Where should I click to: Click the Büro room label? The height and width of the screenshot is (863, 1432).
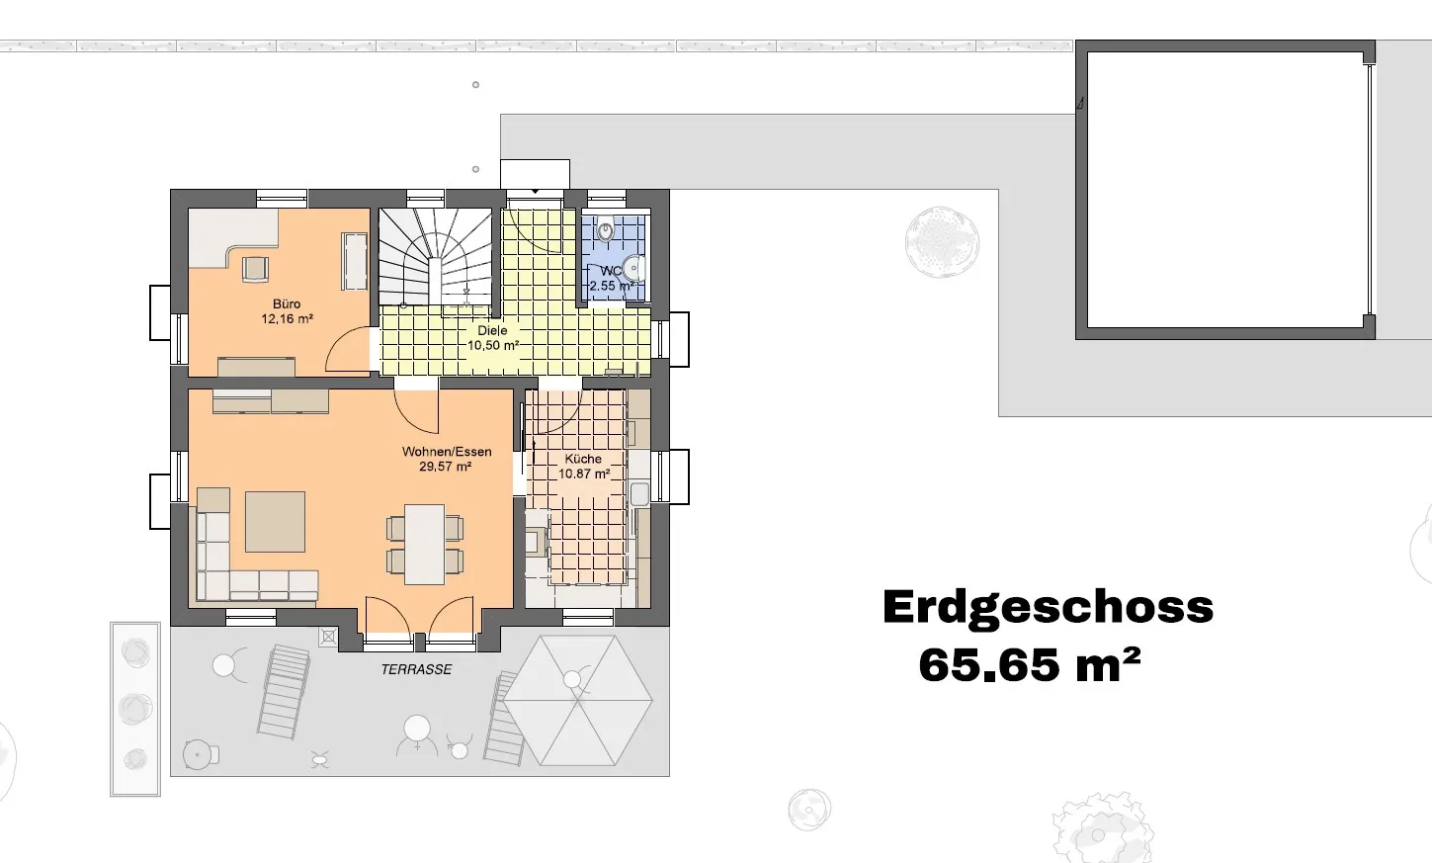[287, 303]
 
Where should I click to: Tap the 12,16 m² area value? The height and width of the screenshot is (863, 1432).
[287, 318]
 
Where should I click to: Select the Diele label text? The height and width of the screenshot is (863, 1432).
[492, 330]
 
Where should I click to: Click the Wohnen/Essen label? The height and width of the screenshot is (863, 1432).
[447, 452]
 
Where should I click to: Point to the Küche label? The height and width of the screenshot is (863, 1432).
[583, 459]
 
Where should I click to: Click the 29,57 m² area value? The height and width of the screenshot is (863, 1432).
[446, 467]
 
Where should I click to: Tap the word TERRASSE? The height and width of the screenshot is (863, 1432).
[416, 669]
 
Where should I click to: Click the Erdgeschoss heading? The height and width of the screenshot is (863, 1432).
[1048, 607]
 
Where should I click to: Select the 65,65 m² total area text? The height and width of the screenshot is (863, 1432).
[1029, 665]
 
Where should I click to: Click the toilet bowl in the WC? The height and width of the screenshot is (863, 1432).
[605, 228]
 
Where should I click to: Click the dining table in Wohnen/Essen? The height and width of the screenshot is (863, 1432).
[425, 545]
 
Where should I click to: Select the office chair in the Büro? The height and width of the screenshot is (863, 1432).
[255, 269]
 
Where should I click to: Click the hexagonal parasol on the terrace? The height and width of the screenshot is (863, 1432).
[578, 700]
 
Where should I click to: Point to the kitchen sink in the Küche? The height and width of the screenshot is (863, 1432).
[639, 494]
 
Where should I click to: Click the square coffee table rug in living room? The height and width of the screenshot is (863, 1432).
[275, 522]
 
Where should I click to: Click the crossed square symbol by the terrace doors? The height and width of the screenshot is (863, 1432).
[328, 636]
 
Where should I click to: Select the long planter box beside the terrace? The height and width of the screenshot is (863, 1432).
[134, 709]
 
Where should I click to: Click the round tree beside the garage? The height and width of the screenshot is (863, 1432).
[942, 242]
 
